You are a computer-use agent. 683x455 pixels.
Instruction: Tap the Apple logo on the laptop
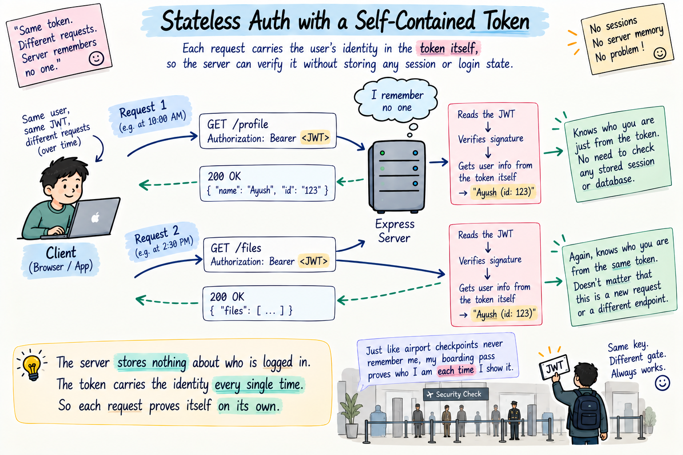pos(96,217)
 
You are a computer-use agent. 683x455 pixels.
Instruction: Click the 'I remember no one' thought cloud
pos(396,101)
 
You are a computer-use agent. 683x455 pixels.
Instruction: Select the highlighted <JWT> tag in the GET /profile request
pos(315,137)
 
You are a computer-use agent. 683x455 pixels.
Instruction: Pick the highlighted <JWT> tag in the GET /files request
pos(314,261)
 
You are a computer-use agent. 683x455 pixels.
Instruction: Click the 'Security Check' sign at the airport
pos(455,395)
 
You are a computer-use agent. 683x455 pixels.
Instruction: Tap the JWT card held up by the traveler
pos(554,367)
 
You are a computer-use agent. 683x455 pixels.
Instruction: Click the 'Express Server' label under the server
pos(394,231)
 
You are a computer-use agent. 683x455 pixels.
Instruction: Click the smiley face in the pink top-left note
pos(96,59)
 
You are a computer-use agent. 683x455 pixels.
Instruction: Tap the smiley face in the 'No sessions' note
pos(660,53)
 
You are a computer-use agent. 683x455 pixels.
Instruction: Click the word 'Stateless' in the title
pos(201,21)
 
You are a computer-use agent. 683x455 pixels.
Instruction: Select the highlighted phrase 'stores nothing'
pos(152,363)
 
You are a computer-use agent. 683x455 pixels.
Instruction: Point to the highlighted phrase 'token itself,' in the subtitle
pos(449,48)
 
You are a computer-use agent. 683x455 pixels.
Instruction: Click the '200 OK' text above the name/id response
pos(224,176)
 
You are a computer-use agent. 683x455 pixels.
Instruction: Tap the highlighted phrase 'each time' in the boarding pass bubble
pos(455,370)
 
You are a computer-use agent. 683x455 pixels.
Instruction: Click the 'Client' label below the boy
pos(61,253)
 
